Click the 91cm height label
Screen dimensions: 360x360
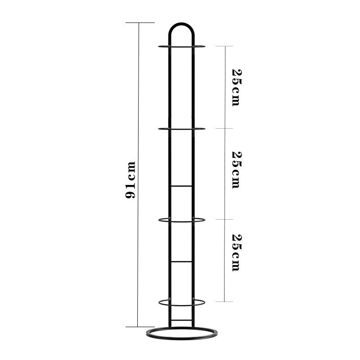130,180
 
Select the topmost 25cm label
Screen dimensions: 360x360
237,87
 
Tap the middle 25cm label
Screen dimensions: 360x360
237,170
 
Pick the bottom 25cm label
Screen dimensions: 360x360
237,252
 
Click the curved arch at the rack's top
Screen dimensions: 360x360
181,23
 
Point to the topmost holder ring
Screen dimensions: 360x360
181,47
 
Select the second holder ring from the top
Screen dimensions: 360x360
181,130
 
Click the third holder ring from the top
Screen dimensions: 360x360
181,222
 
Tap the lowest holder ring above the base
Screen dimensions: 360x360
181,306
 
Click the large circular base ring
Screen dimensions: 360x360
181,339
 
